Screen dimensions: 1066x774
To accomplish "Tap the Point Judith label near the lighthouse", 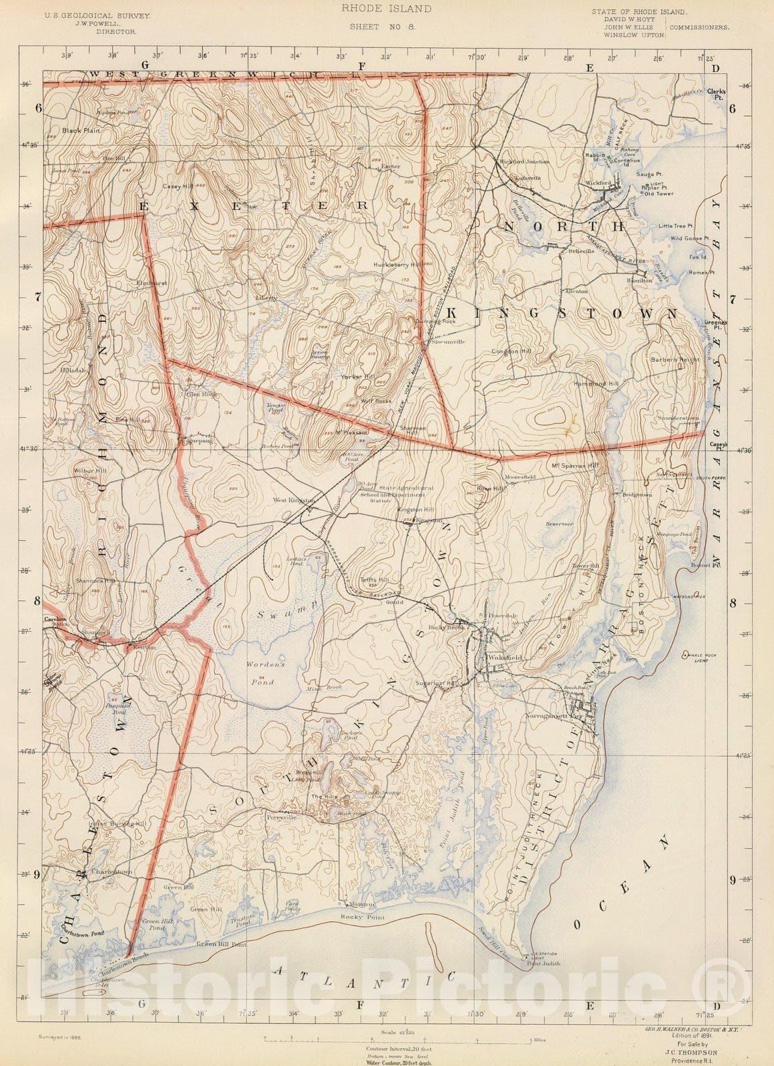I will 543,963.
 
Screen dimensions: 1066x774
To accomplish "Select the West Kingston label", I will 293,500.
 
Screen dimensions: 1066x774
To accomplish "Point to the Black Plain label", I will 81,131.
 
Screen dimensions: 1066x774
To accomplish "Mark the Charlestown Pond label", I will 73,930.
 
